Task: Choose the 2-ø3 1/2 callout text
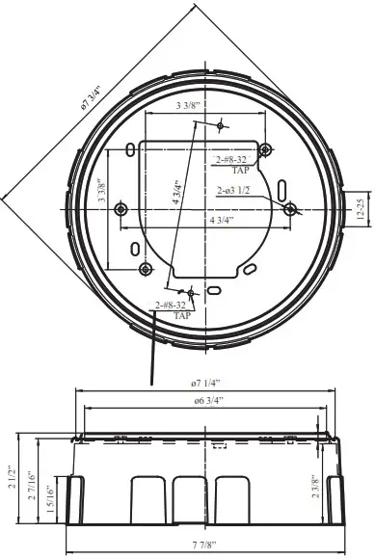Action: (x=235, y=190)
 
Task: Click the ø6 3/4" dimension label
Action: (x=206, y=400)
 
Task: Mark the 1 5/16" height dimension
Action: (x=48, y=500)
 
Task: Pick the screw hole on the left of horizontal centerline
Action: (x=121, y=209)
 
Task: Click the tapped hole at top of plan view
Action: (x=221, y=125)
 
